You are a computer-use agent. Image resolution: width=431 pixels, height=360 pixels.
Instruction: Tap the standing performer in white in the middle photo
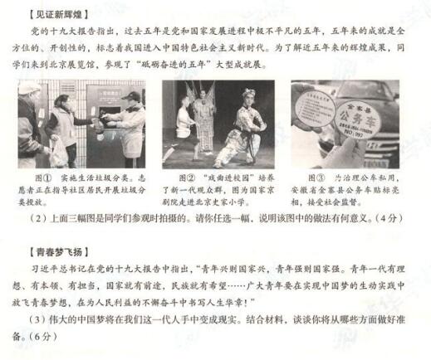coord(184,124)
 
